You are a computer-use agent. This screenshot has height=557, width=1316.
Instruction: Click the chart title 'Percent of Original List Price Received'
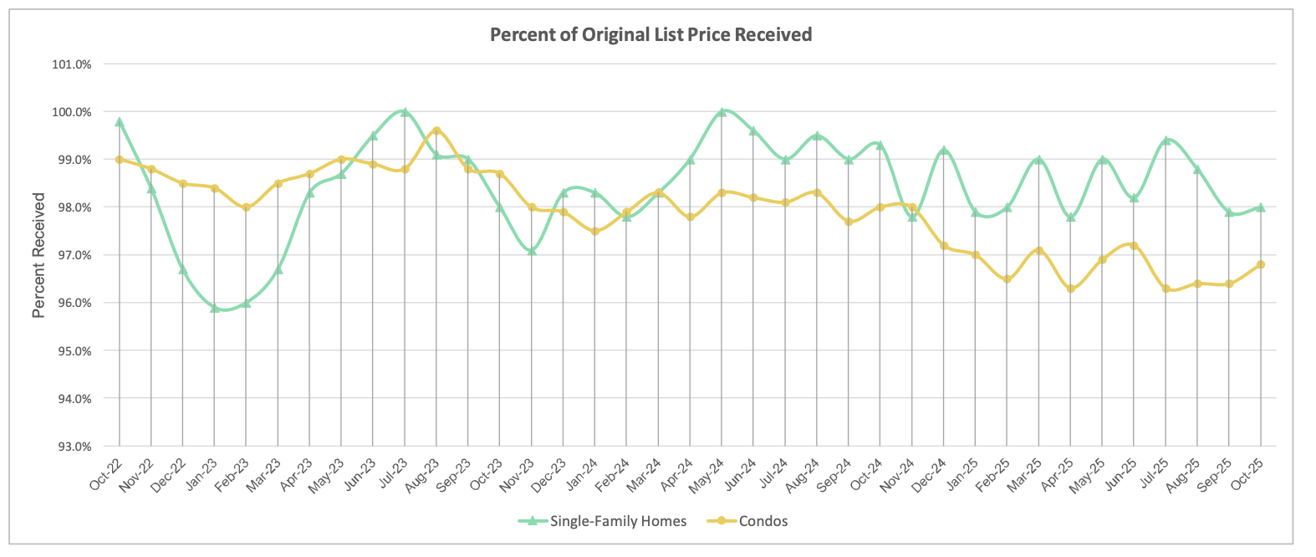(x=650, y=35)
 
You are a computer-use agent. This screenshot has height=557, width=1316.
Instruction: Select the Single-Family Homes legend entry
(x=617, y=522)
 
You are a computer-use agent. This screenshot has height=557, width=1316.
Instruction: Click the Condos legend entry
(x=763, y=522)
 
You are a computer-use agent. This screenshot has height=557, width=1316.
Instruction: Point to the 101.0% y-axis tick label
(x=72, y=64)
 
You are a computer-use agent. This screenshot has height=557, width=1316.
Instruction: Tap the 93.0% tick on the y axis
(x=72, y=447)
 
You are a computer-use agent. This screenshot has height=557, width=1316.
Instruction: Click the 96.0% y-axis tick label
(x=72, y=303)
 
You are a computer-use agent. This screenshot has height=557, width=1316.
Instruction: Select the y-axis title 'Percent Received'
(x=38, y=255)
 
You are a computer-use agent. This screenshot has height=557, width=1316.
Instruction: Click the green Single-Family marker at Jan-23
(x=215, y=308)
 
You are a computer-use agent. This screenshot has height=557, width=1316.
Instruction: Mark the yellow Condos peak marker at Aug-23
(x=436, y=131)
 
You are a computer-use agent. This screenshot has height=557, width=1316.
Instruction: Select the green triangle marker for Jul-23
(x=405, y=112)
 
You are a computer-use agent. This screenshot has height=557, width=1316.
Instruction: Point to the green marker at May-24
(x=722, y=112)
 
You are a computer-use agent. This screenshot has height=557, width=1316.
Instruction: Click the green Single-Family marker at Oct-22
(x=120, y=122)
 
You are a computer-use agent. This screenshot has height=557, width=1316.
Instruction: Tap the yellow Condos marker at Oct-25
(x=1261, y=265)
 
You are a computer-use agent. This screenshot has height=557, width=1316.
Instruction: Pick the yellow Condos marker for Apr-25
(x=1071, y=289)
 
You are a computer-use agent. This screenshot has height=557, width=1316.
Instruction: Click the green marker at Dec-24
(x=944, y=151)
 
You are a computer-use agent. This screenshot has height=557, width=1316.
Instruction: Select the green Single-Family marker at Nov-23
(x=532, y=251)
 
